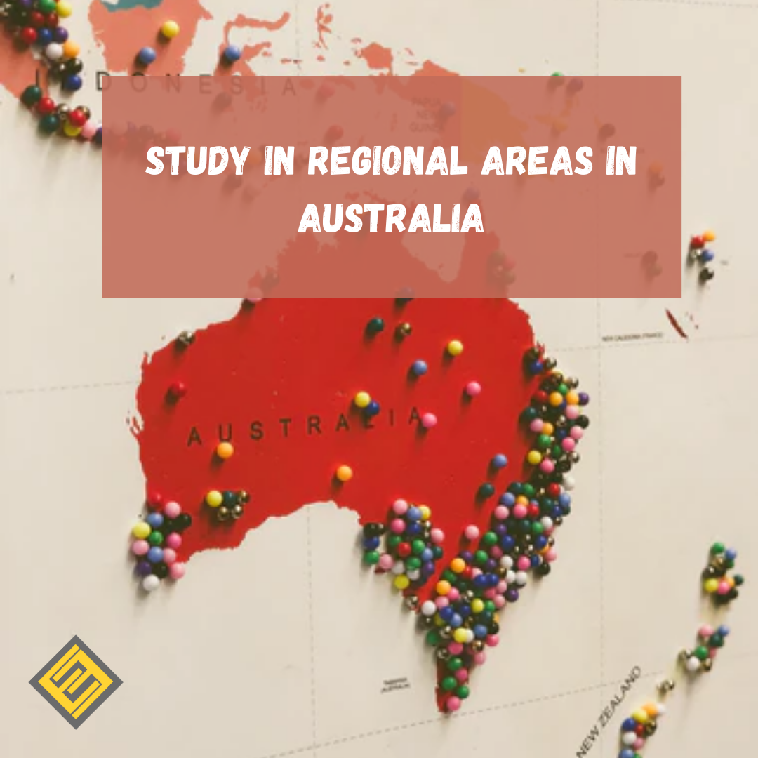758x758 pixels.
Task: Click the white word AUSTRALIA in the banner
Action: point(391,219)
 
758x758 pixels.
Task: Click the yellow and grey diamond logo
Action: point(76,681)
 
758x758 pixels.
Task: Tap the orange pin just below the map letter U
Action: point(225,450)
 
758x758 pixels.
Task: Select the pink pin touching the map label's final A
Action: point(429,420)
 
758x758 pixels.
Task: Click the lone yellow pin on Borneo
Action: point(170,29)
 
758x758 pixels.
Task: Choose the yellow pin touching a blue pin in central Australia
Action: point(362,399)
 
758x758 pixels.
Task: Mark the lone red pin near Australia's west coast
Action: point(178,388)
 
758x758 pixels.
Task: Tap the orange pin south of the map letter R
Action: point(343,473)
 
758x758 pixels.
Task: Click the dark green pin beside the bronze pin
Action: point(375,325)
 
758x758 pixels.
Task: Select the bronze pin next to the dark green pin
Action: point(402,329)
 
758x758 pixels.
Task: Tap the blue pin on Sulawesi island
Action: point(232,53)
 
